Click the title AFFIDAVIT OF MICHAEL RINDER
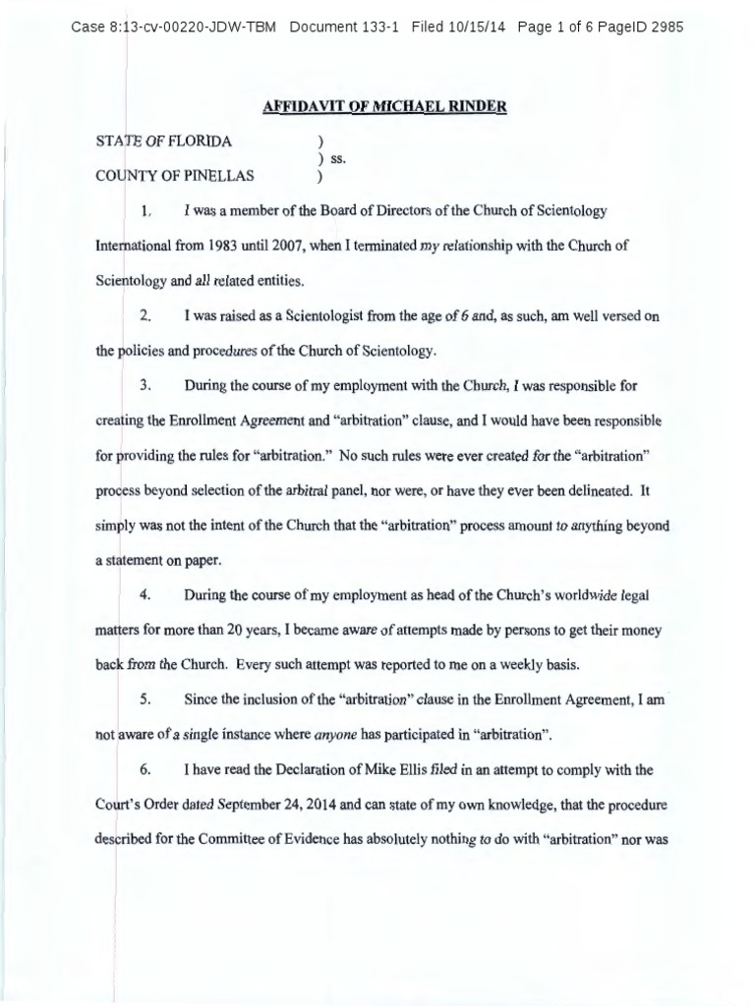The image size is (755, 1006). tap(384, 105)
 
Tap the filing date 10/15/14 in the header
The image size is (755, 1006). tap(478, 27)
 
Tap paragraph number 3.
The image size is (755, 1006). tap(145, 386)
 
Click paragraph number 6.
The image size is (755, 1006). tap(145, 770)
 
